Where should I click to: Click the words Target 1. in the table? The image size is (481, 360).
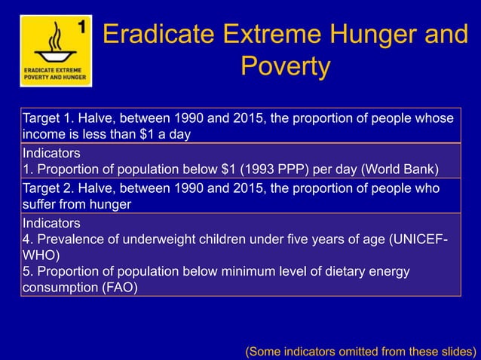[x=48, y=119]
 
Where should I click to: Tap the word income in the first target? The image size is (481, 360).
[x=44, y=134]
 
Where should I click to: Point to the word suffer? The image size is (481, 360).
[x=40, y=203]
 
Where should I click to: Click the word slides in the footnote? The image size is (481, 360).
[x=455, y=350]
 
